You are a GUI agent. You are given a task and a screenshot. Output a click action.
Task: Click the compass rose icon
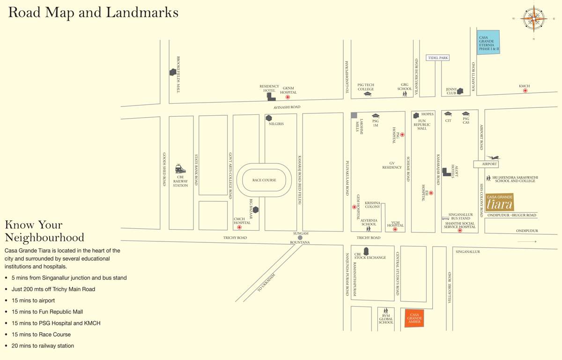(533, 19)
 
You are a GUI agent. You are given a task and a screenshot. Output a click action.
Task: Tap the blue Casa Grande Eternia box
(488, 42)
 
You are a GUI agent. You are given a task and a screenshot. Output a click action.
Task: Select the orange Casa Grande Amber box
(414, 318)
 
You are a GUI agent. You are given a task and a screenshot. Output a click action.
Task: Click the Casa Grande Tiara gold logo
(499, 202)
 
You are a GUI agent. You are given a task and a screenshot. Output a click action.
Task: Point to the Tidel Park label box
(438, 58)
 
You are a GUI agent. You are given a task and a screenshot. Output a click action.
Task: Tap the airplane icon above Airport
(492, 157)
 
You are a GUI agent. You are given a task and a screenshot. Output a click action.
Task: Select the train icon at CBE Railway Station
(180, 169)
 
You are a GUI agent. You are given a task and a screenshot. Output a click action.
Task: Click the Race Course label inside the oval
(264, 180)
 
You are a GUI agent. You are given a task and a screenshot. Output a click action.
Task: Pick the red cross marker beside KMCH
(525, 90)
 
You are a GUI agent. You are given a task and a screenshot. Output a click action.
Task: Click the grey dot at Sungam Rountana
(300, 238)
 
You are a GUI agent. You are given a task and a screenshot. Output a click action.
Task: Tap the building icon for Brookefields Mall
(173, 72)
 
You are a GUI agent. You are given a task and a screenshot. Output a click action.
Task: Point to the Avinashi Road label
(287, 107)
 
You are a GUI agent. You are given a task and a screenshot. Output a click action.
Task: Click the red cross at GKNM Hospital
(288, 97)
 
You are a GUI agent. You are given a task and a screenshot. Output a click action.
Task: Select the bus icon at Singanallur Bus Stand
(445, 218)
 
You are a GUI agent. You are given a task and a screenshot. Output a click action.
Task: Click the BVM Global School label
(386, 319)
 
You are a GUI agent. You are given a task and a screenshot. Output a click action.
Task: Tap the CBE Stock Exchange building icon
(366, 252)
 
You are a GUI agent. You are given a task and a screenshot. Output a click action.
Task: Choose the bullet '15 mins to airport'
(33, 300)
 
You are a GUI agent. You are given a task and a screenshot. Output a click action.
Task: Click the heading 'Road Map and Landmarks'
(93, 12)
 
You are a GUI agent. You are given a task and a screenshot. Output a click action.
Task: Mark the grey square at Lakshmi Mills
(354, 115)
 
